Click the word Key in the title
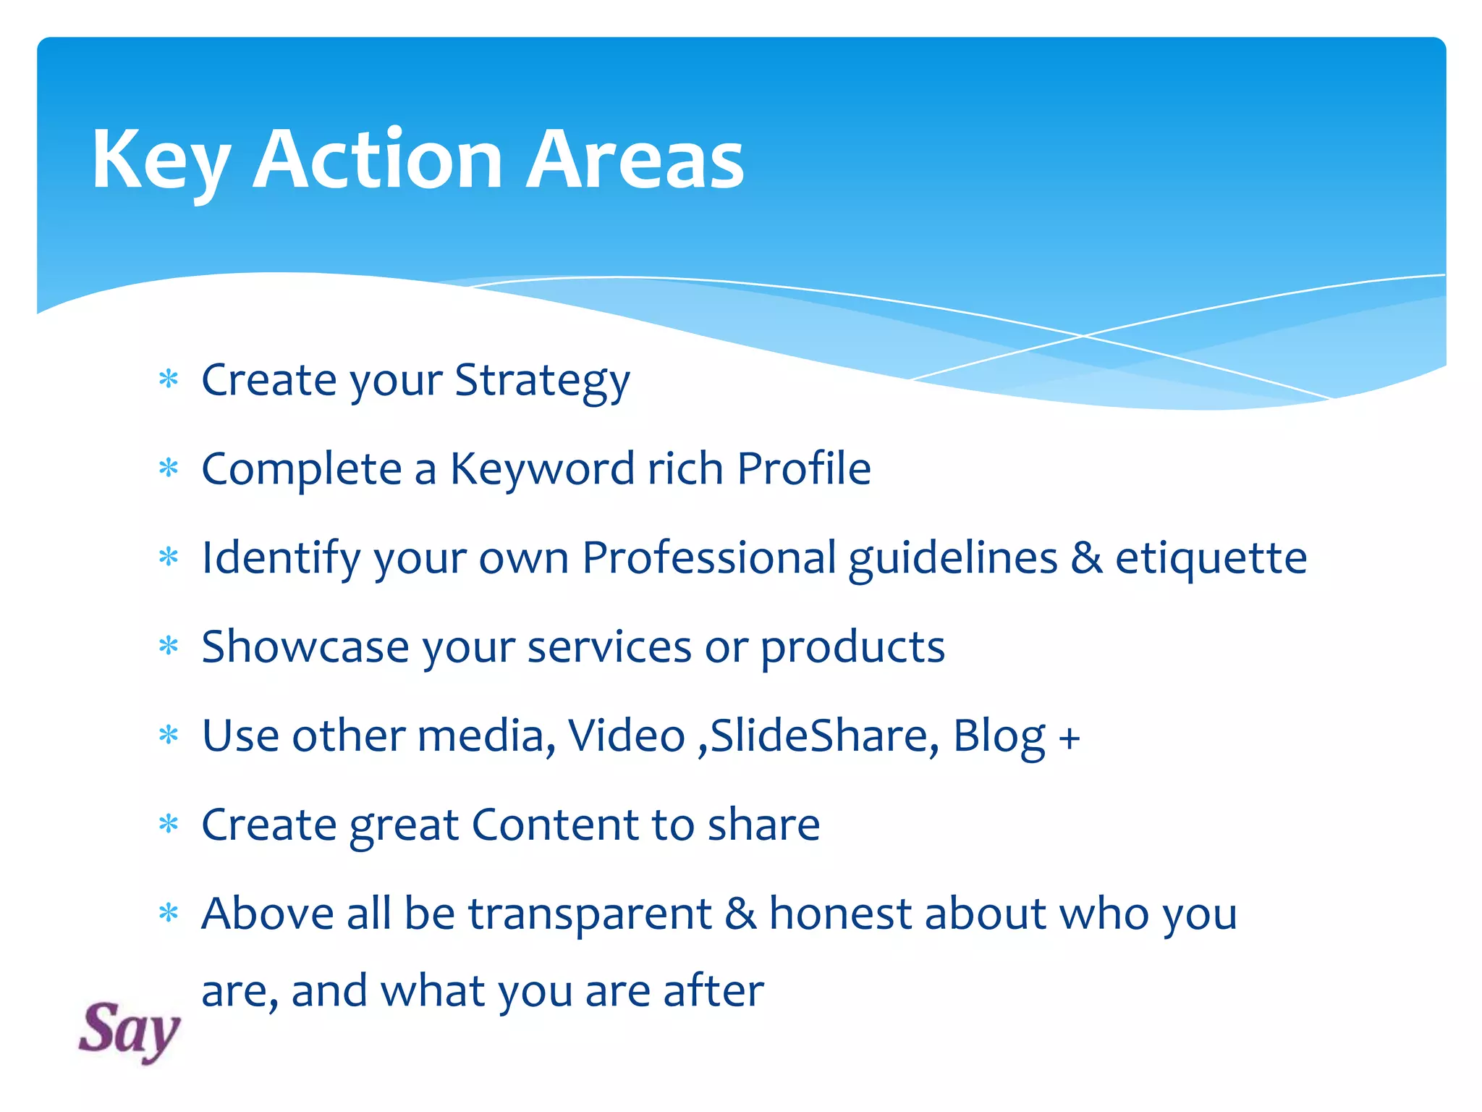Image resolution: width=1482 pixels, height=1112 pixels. pos(161,161)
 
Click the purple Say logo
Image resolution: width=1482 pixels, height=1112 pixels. pos(129,1031)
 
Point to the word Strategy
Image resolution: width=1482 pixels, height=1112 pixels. pos(542,381)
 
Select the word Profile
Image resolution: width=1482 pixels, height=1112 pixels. pos(803,469)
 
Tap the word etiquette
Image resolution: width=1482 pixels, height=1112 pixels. pos(1211,559)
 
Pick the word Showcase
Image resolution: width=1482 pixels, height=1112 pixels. pos(305,646)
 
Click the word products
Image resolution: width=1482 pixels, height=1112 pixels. pos(852,648)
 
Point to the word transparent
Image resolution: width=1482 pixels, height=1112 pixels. pos(590,915)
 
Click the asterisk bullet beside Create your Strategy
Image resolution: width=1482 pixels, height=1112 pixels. pos(169,379)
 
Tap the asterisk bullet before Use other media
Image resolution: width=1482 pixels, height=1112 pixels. pos(169,735)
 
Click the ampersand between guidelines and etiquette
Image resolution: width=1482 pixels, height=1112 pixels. pos(1086,558)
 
